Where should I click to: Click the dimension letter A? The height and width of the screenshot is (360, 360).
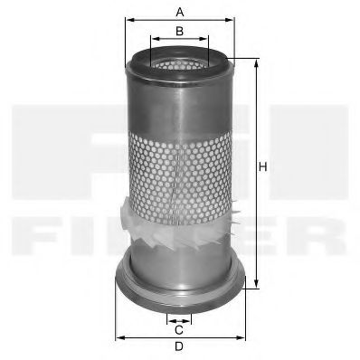point(180,11)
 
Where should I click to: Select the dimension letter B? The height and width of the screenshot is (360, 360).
point(180,32)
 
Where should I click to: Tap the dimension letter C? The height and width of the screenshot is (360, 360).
point(180,328)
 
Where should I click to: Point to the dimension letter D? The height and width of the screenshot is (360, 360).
point(180,347)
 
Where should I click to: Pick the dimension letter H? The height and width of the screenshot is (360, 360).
point(263,167)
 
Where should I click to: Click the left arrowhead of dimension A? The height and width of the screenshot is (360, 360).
point(128,19)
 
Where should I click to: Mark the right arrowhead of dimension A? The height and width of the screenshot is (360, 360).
point(232,19)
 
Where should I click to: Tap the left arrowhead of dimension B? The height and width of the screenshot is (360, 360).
point(153,40)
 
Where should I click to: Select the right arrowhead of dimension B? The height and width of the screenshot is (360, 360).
point(207,40)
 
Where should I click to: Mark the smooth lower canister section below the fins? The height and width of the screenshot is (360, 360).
point(180,258)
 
